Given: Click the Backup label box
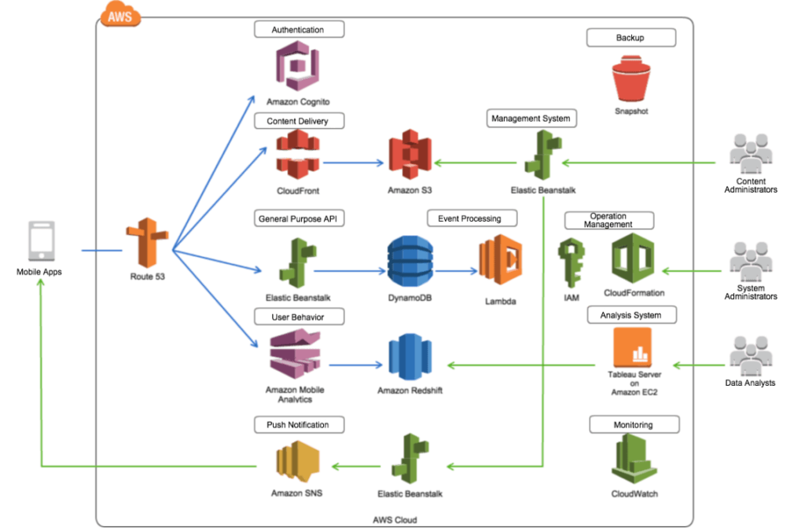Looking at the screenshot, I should click(x=630, y=37).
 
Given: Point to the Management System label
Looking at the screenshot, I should click(x=532, y=119).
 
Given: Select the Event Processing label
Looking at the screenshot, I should click(x=464, y=218).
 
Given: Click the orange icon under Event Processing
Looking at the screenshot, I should click(x=500, y=258).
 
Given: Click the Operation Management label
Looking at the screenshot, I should click(x=608, y=220).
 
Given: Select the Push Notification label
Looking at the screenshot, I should click(x=292, y=424).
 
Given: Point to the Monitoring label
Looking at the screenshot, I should click(x=633, y=425).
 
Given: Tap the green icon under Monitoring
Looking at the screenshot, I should click(x=634, y=462).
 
